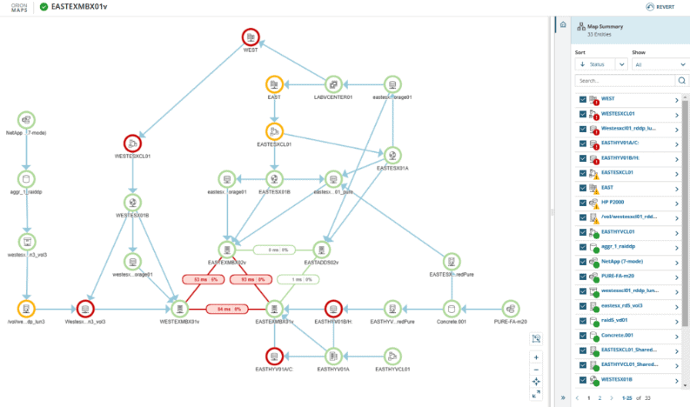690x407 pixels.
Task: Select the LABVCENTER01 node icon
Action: tap(332, 84)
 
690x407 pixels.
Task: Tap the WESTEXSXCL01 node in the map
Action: tap(132, 143)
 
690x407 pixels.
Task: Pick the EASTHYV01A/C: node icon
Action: tap(274, 355)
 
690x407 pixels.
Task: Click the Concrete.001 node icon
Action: tap(450, 309)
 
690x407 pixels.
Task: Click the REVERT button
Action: tap(661, 7)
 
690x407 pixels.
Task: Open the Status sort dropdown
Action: tap(601, 63)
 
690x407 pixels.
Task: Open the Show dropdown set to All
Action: tap(660, 63)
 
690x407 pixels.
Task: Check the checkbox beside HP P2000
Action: tap(582, 202)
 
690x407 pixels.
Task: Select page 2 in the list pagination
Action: tap(599, 397)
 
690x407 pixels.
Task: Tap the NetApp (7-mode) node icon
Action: tap(26, 120)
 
